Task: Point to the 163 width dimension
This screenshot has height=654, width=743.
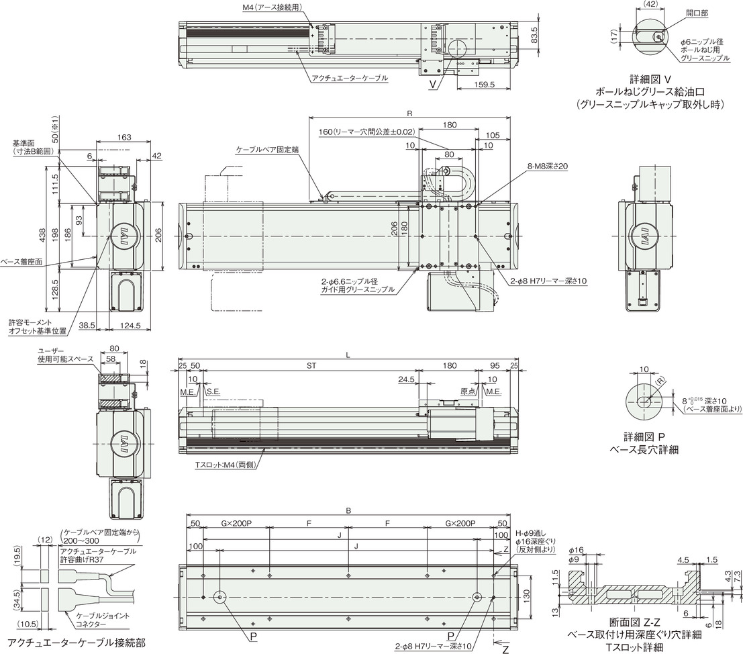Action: (x=123, y=138)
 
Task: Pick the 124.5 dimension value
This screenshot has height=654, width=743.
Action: (x=130, y=326)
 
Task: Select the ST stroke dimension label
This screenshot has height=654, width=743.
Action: (x=311, y=366)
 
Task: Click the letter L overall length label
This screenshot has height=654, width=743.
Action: (x=348, y=355)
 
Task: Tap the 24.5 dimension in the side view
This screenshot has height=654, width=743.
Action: (x=407, y=379)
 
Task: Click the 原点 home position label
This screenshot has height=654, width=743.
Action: (x=468, y=391)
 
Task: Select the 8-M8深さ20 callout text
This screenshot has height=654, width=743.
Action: (x=547, y=167)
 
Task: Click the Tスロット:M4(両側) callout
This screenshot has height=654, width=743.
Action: (x=226, y=465)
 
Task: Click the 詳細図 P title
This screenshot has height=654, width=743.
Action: (x=644, y=436)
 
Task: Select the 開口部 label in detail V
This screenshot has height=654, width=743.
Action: (x=697, y=13)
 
